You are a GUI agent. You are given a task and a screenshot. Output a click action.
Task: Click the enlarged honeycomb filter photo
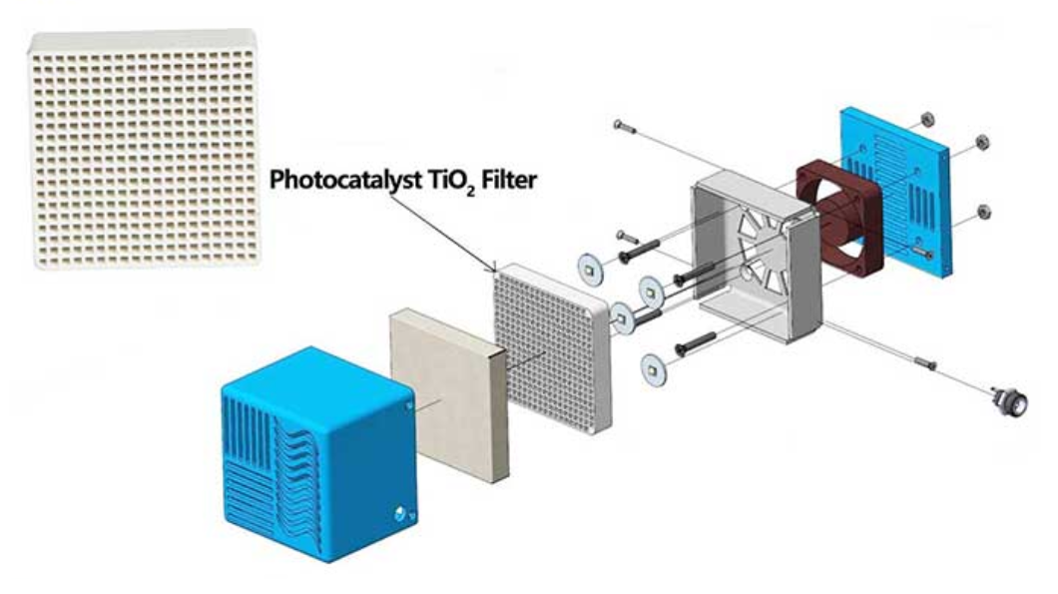click(144, 150)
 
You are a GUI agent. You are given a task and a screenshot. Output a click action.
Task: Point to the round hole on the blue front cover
click(401, 513)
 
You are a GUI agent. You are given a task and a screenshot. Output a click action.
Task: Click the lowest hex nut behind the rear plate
click(983, 210)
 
